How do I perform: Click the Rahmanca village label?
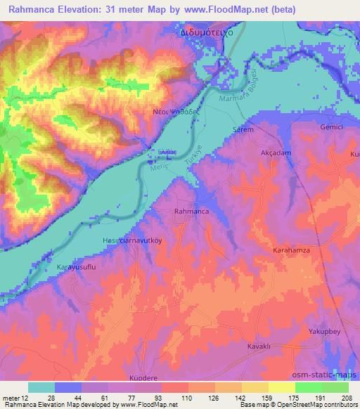tap(190, 210)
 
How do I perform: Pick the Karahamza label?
tap(290, 249)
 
